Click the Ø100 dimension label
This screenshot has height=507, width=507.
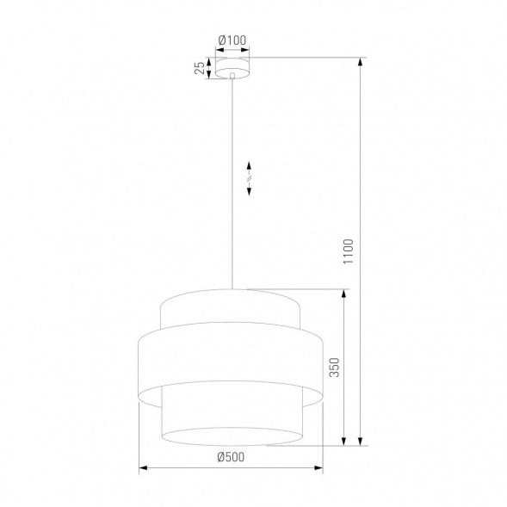[232, 40]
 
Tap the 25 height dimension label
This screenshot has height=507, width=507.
[199, 68]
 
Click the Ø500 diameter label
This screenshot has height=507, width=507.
[231, 457]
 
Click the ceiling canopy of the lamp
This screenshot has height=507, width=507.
[232, 68]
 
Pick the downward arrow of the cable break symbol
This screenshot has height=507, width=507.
[249, 190]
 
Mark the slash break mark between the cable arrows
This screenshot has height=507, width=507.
[249, 178]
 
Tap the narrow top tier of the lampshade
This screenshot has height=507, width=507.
[231, 310]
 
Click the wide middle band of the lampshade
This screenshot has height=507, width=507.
[231, 362]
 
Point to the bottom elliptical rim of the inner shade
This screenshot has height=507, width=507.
[231, 443]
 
